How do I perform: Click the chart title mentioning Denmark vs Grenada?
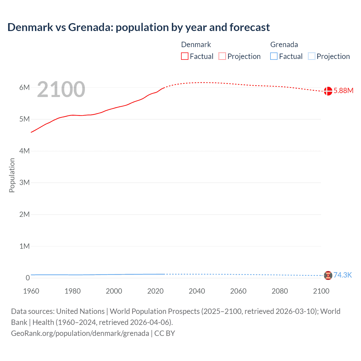coord(138,27)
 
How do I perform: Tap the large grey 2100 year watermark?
coord(61,89)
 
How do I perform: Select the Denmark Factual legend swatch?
coord(185,56)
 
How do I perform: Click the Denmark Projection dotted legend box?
coord(222,56)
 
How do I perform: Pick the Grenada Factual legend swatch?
coord(274,56)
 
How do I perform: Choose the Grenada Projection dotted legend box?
coord(311,56)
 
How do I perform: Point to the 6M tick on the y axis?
coord(25,87)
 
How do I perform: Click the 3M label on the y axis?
coord(25,182)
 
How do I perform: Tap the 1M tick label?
coord(25,246)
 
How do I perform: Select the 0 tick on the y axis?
coord(28,278)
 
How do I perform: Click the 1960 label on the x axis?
coord(31,291)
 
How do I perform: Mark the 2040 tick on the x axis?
coord(197,291)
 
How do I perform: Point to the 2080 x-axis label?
coord(280,291)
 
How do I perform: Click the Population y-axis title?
coord(12,175)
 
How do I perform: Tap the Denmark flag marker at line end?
coord(328,91)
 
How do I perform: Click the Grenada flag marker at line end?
coord(328,275)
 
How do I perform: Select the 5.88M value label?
coord(343,91)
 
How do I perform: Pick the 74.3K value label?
coord(343,275)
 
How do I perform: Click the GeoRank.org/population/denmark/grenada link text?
coord(80,333)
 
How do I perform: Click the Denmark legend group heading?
coord(196,45)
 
